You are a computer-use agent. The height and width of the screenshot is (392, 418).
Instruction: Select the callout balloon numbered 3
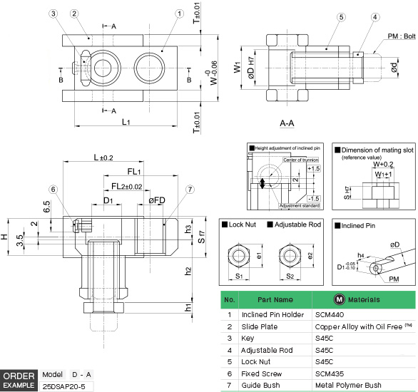(x=54, y=14)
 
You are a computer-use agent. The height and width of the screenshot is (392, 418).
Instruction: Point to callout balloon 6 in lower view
(x=53, y=189)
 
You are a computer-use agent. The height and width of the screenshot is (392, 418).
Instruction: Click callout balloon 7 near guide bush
(x=190, y=189)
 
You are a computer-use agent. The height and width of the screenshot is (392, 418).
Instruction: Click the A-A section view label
(x=287, y=123)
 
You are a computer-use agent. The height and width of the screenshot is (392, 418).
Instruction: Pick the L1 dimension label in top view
(x=126, y=122)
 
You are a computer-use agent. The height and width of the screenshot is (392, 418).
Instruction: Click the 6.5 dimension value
(x=46, y=207)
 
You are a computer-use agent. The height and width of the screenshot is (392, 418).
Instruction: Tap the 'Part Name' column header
(x=275, y=300)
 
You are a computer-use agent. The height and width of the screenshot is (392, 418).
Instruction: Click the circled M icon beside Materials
(x=340, y=300)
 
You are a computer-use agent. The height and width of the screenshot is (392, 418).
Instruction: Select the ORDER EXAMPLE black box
(x=19, y=380)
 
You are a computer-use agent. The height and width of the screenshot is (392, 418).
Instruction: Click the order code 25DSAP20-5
(x=64, y=386)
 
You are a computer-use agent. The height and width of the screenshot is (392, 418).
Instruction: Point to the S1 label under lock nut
(x=240, y=275)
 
